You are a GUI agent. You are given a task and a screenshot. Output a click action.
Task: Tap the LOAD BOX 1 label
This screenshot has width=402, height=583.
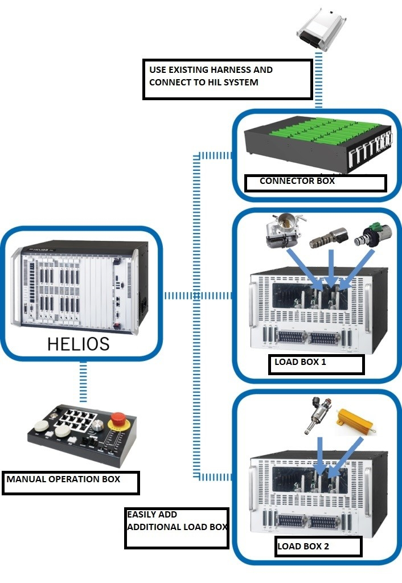pyautogui.click(x=300, y=362)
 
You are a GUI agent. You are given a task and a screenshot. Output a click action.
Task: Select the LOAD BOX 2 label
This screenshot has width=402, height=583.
pyautogui.click(x=303, y=547)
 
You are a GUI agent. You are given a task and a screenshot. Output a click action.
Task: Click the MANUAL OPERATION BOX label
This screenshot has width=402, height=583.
pyautogui.click(x=63, y=479)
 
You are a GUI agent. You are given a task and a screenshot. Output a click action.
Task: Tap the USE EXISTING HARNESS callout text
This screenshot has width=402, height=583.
pyautogui.click(x=211, y=76)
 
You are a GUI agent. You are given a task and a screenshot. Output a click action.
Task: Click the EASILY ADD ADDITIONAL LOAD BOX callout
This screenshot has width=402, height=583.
pyautogui.click(x=177, y=521)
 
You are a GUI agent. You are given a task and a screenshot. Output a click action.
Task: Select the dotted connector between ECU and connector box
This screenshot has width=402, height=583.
pyautogui.click(x=319, y=80)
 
